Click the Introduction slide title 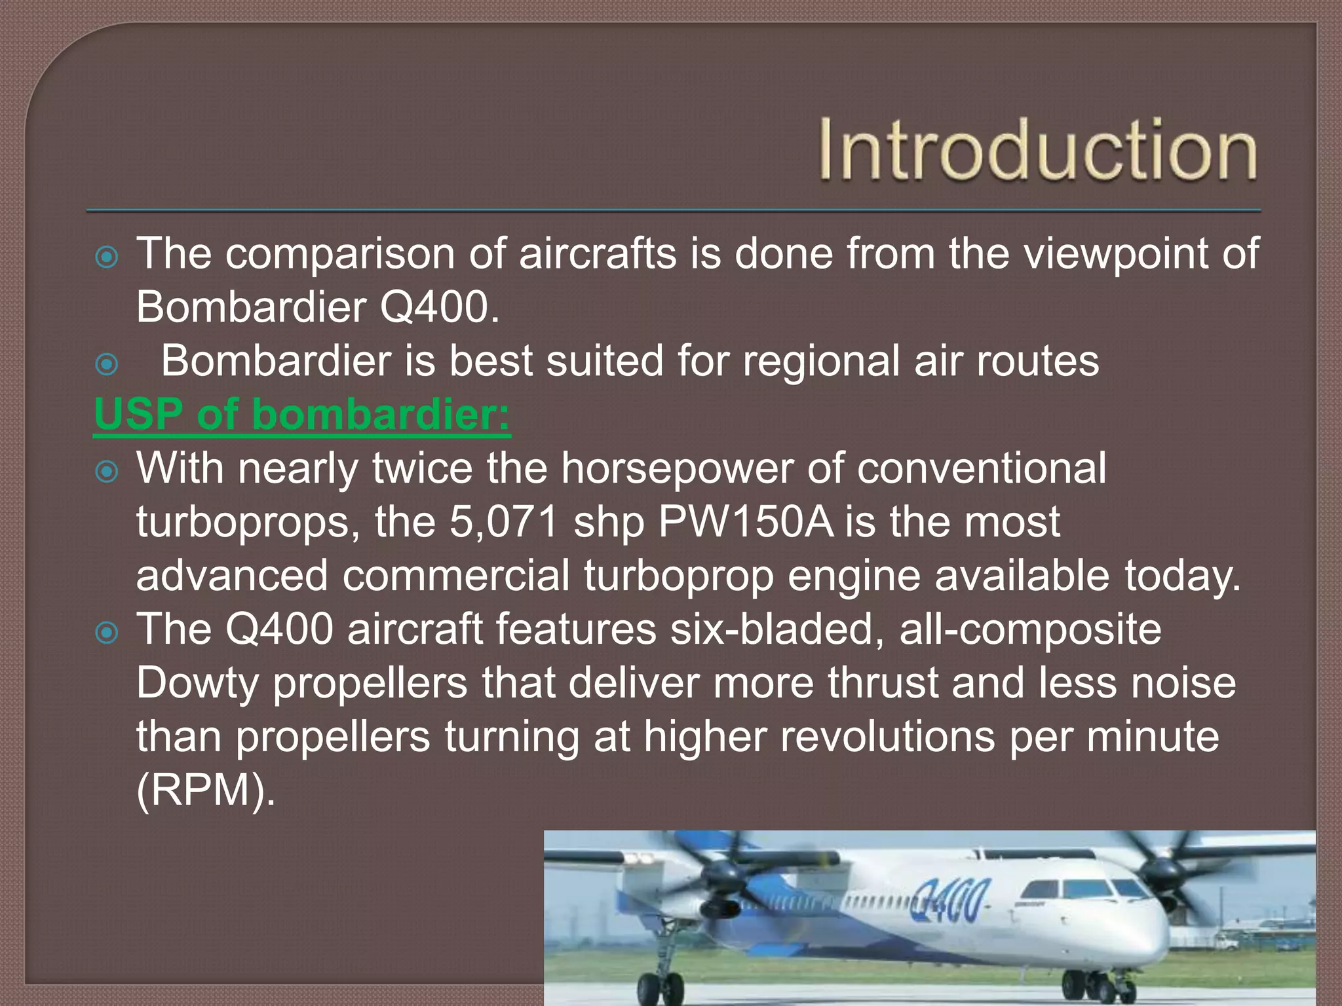click(x=1038, y=151)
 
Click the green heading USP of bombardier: click(x=302, y=415)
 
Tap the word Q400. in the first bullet click(x=439, y=307)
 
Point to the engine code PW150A click(x=746, y=522)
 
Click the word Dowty click(x=197, y=683)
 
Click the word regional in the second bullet click(x=821, y=361)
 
